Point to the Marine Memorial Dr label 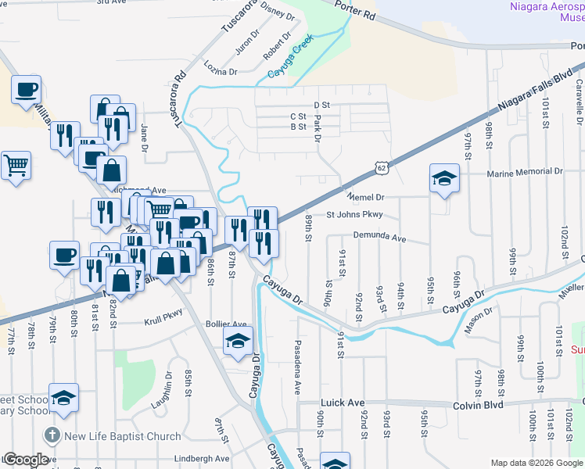pyautogui.click(x=524, y=172)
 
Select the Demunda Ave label pyautogui.click(x=379, y=237)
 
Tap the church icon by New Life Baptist pyautogui.click(x=52, y=435)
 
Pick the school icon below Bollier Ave pyautogui.click(x=238, y=341)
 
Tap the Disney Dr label pyautogui.click(x=278, y=13)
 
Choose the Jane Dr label pyautogui.click(x=145, y=136)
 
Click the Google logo pyautogui.click(x=25, y=460)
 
